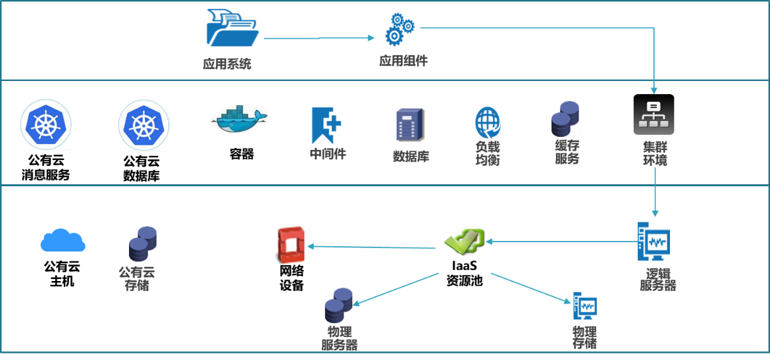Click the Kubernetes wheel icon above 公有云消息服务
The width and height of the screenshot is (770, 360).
[x=46, y=125]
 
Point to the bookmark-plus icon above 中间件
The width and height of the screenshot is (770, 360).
[x=326, y=125]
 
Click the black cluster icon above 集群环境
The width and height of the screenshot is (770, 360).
[x=654, y=115]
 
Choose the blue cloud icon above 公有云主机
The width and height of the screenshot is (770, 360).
[x=63, y=242]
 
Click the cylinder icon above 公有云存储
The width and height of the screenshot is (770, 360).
[x=143, y=244]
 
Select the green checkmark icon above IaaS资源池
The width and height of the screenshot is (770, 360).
[x=464, y=242]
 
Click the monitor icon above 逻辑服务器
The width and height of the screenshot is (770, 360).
[x=654, y=242]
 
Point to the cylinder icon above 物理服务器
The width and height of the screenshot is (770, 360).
[x=339, y=305]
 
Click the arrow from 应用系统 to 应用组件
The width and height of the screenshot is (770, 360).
[x=319, y=38]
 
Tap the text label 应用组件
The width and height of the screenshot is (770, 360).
[x=403, y=61]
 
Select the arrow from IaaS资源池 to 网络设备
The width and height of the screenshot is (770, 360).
[x=372, y=247]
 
